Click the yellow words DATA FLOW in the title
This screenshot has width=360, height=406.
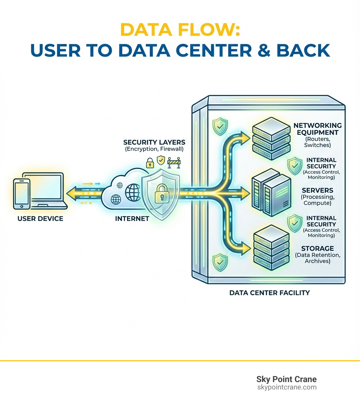point(180,31)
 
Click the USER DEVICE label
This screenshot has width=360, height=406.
point(40,219)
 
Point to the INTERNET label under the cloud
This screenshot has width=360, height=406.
point(132,219)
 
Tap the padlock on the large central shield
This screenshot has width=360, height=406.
point(160,193)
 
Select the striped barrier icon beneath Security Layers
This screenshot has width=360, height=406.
point(174,162)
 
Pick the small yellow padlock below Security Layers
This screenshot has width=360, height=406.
point(150,163)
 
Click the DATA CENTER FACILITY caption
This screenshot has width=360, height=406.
point(269,293)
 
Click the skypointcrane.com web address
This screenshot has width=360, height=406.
point(287,387)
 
